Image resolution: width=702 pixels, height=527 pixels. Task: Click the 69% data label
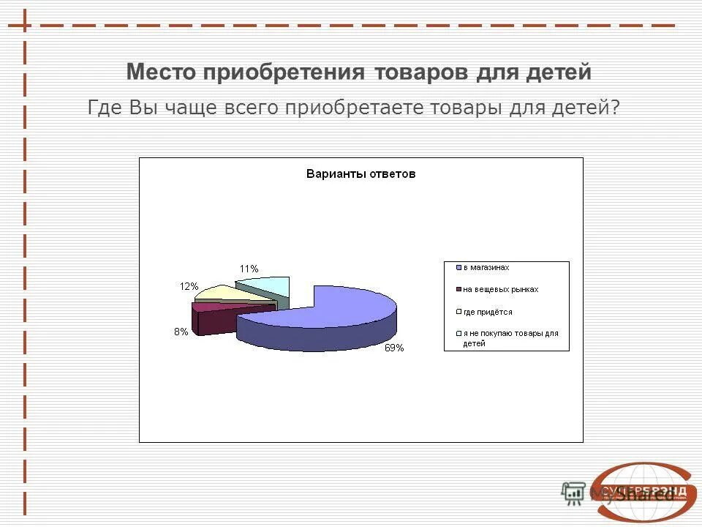(x=394, y=348)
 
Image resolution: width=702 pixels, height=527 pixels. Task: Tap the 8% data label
(x=181, y=332)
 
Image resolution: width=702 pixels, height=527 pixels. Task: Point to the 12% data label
(x=189, y=286)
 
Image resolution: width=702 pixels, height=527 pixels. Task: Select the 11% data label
(x=249, y=269)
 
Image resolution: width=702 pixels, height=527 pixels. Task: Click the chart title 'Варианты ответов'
(x=361, y=174)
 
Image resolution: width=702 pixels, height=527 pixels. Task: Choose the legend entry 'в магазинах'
(x=486, y=268)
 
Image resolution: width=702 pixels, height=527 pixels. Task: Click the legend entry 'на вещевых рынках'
(x=500, y=289)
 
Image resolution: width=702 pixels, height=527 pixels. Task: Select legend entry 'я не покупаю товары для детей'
(x=510, y=337)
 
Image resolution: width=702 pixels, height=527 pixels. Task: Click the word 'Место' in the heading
(x=162, y=72)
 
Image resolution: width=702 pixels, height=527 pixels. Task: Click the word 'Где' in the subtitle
(x=105, y=108)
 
